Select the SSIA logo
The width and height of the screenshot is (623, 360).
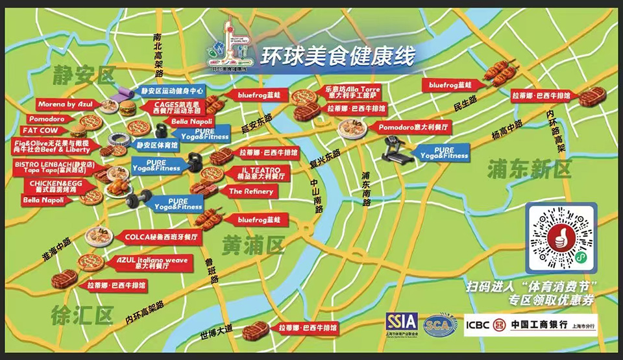point(402,322)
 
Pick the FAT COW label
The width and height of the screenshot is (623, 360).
point(45,130)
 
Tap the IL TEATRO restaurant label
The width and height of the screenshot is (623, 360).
point(254,172)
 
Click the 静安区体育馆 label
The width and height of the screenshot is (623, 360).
point(159,146)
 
